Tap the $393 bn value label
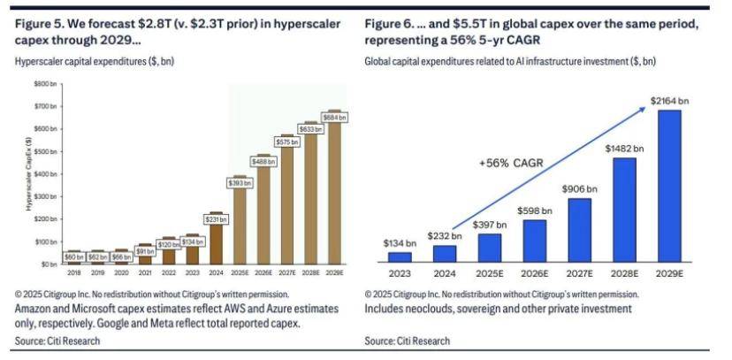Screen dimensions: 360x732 pos(237,183)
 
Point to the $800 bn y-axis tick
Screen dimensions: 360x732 pos(45,83)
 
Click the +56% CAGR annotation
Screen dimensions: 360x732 pos(507,163)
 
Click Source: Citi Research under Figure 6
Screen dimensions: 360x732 pos(406,341)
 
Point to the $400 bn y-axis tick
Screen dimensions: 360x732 pos(45,173)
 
